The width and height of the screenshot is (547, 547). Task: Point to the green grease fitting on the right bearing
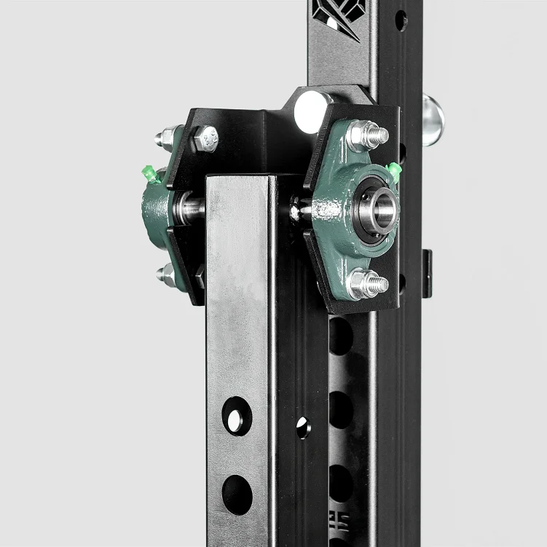click(394, 171)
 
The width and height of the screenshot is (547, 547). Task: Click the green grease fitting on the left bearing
click(150, 175)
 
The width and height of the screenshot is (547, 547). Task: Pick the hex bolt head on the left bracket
click(206, 138)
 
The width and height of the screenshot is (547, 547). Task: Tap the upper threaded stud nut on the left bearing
click(167, 137)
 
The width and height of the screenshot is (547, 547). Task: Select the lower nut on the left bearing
click(167, 275)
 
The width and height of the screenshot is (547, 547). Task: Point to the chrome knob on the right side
click(433, 119)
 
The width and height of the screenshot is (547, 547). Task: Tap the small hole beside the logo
click(401, 20)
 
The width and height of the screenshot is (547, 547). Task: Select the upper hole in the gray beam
click(236, 417)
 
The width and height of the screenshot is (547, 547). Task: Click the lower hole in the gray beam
click(237, 494)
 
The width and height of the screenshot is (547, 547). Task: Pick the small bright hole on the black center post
click(302, 427)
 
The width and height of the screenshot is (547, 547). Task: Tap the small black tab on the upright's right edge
click(427, 272)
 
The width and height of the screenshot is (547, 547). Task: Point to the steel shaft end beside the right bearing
click(298, 210)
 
